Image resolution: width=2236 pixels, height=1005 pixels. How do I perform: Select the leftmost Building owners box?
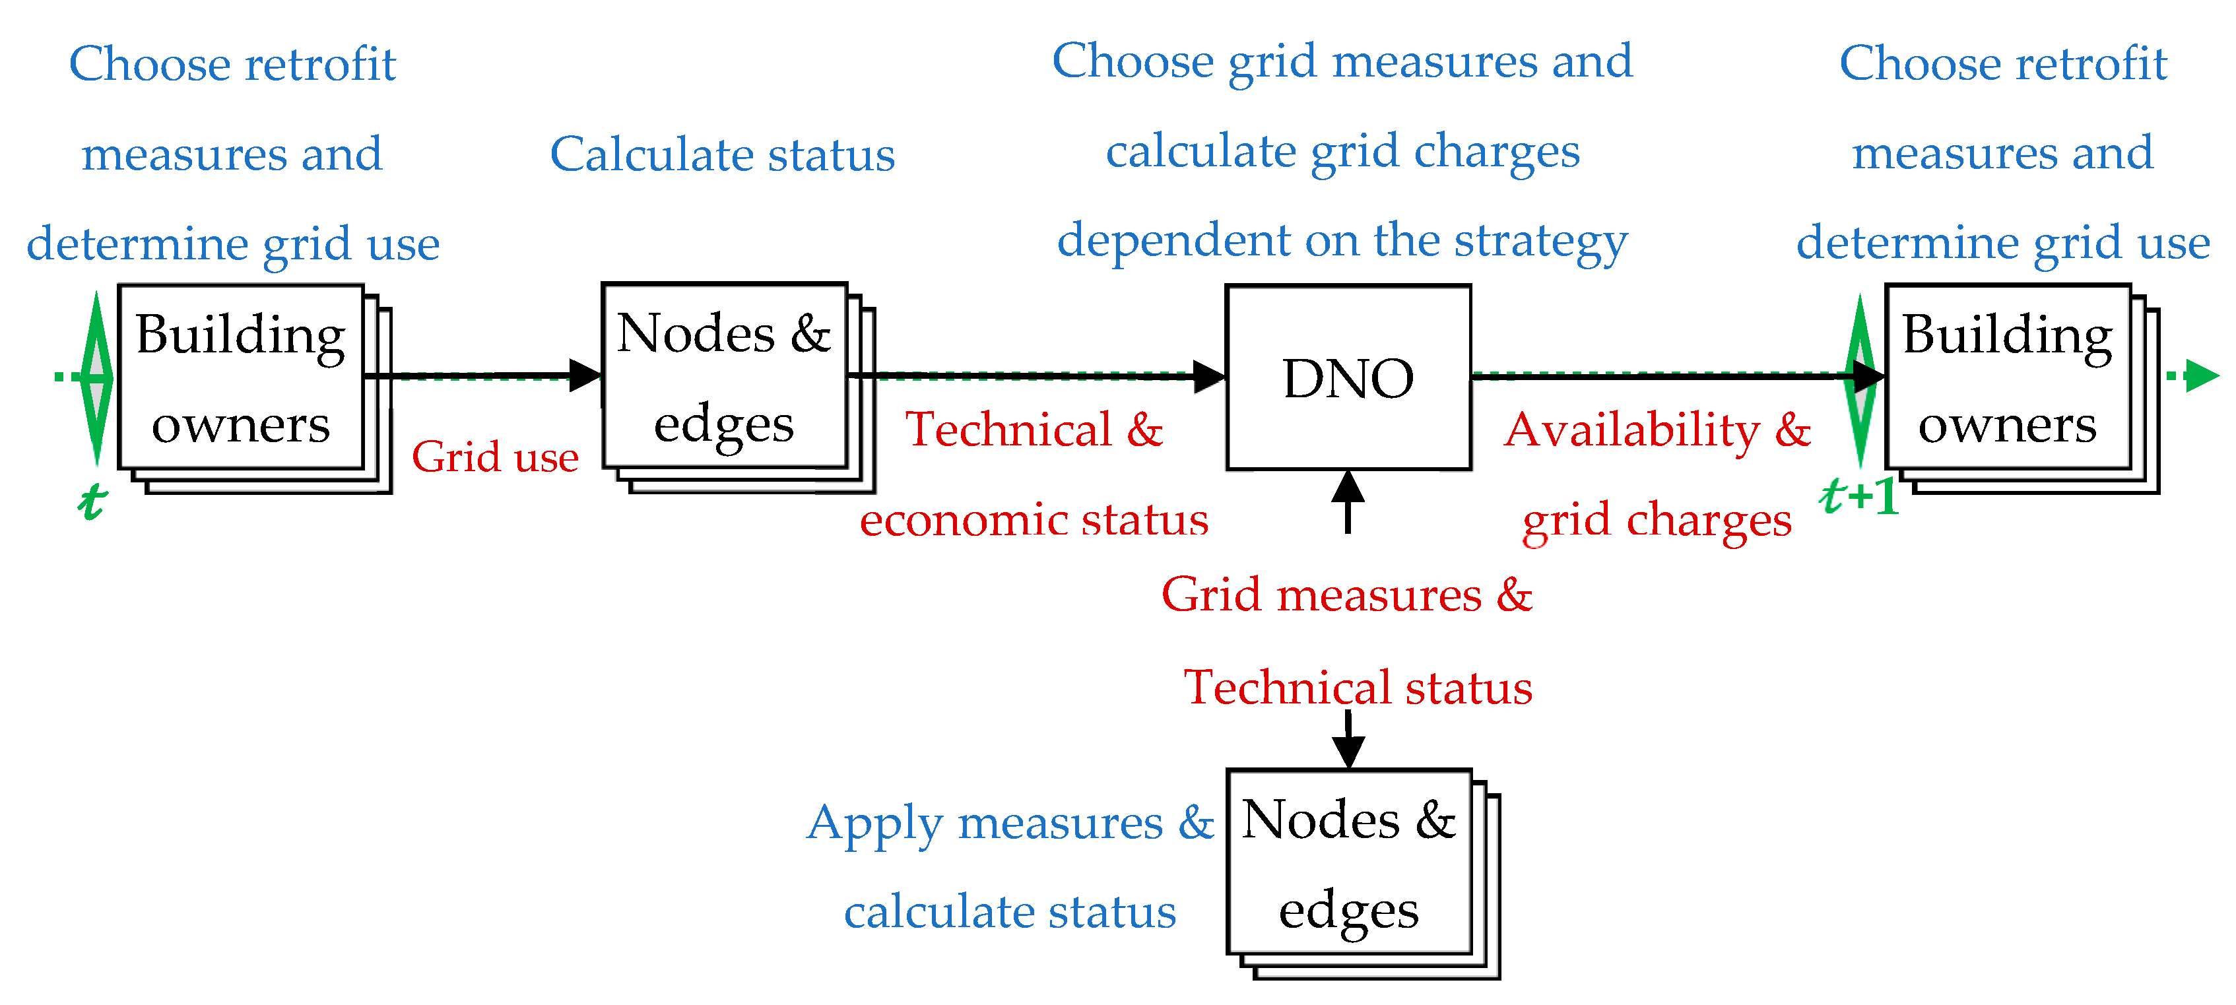(x=240, y=377)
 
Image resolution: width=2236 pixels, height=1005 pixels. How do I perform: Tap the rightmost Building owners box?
(x=2007, y=377)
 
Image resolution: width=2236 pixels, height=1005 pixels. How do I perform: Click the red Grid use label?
(x=495, y=457)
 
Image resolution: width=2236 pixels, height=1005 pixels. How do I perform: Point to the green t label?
(x=92, y=502)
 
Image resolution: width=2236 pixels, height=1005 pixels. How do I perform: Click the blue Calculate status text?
(x=722, y=155)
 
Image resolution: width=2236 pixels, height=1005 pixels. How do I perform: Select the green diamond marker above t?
(x=96, y=377)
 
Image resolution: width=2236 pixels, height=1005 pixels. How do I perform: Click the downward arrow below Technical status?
(x=1348, y=742)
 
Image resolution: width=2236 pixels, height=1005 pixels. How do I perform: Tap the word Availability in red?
(x=1632, y=430)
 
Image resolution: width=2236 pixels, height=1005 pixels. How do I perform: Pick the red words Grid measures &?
(x=1347, y=595)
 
